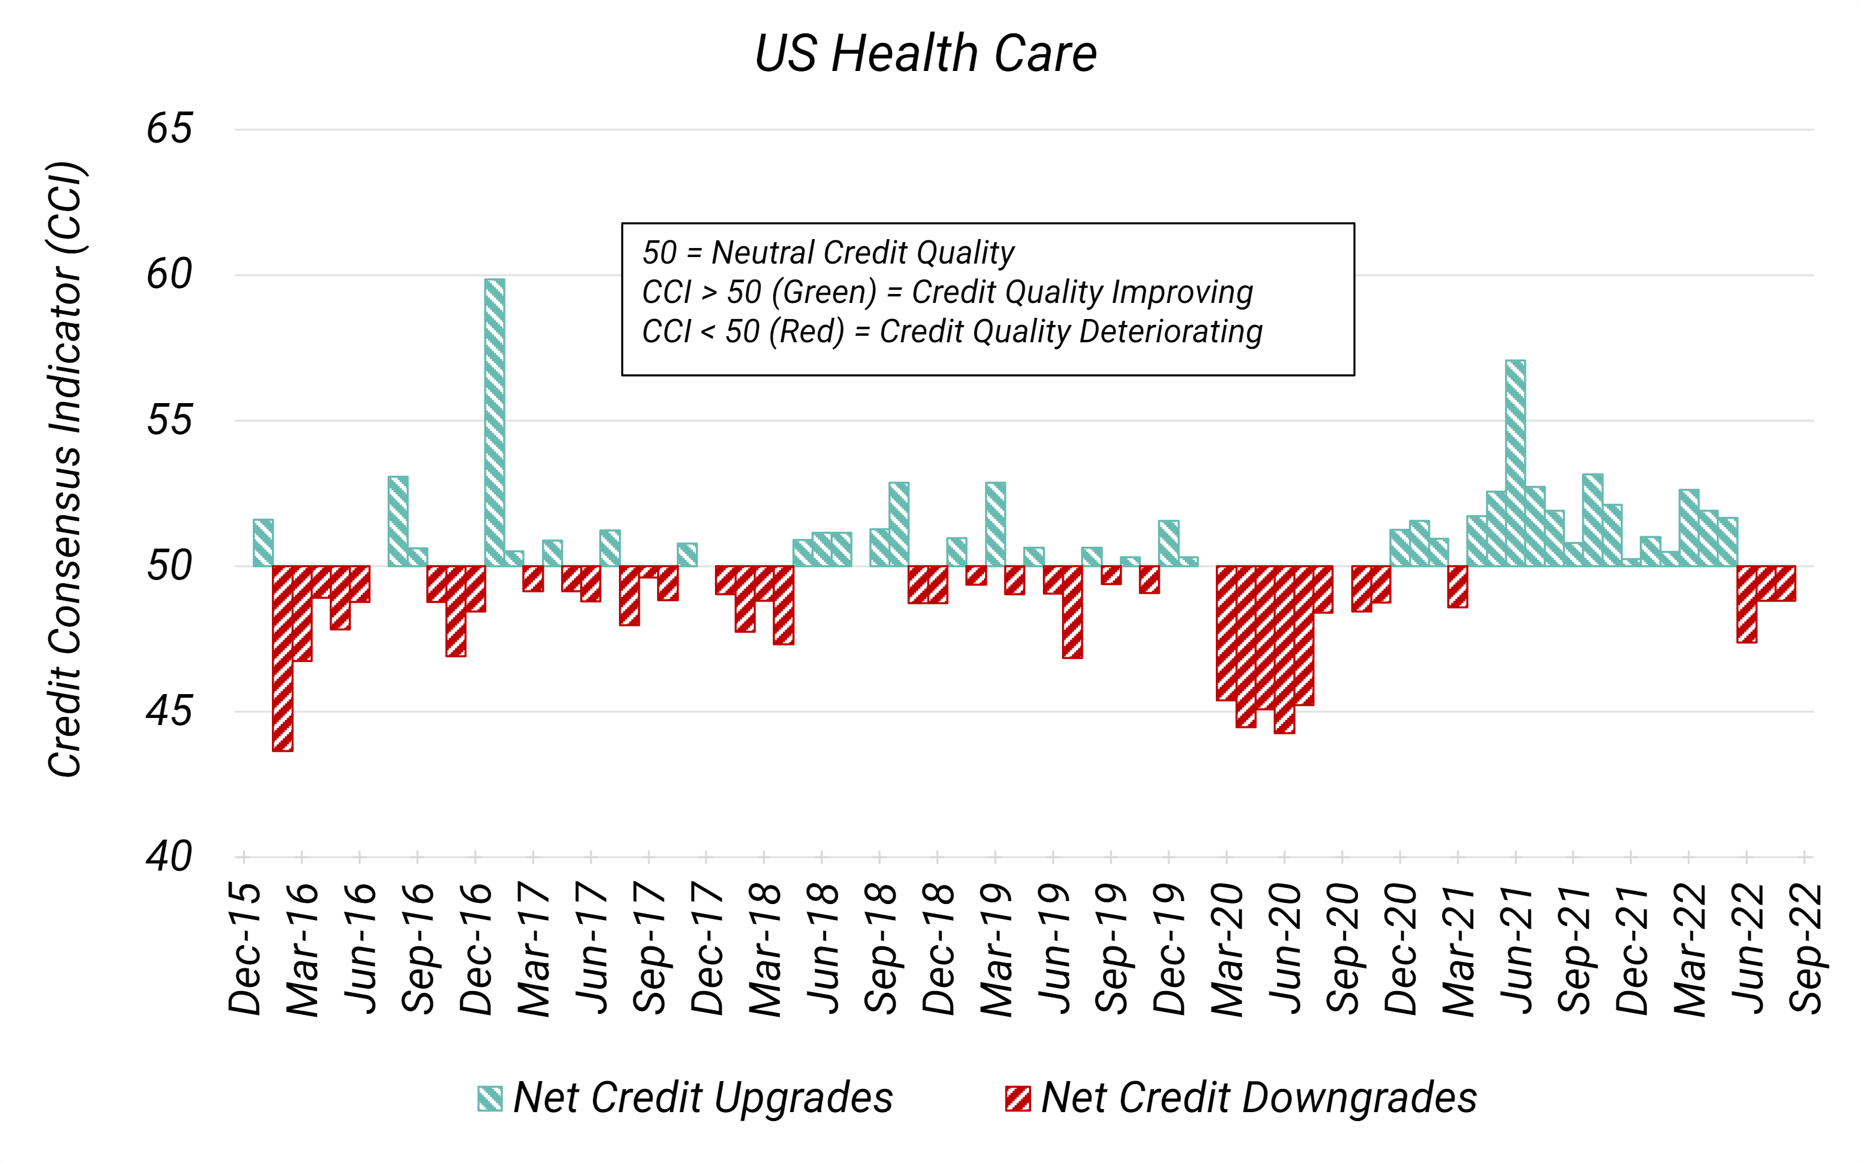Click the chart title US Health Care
[x=926, y=54]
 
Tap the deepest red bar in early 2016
[x=283, y=658]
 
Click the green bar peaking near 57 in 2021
[x=1515, y=463]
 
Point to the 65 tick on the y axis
[x=169, y=129]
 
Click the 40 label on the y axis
[x=169, y=856]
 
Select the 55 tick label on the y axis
[x=169, y=420]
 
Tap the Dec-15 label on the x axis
[x=244, y=949]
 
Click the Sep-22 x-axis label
[x=1806, y=949]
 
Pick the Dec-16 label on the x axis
[x=476, y=949]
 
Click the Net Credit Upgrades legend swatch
[x=490, y=1098]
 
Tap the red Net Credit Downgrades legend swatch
[x=1017, y=1098]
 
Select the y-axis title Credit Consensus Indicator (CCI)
[x=66, y=470]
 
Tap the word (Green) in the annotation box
[x=823, y=293]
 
